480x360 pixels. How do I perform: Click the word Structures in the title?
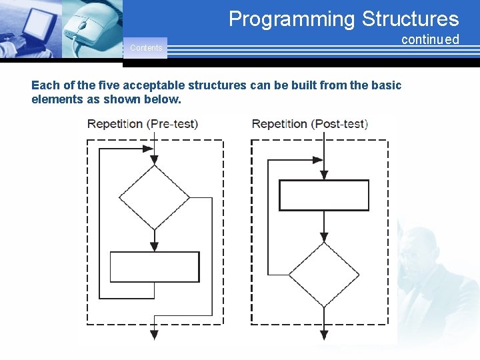click(410, 19)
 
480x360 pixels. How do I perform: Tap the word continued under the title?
click(430, 39)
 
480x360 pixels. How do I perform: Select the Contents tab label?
click(145, 48)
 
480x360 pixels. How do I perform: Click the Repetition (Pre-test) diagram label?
click(143, 124)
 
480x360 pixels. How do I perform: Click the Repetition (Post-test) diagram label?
click(310, 124)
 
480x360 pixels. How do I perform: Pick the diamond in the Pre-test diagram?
click(154, 197)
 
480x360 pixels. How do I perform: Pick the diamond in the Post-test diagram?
click(323, 274)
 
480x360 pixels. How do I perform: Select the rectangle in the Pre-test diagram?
click(154, 267)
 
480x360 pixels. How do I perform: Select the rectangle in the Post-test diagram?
click(323, 195)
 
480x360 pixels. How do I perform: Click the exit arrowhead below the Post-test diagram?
click(323, 335)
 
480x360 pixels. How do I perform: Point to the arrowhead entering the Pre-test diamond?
click(154, 160)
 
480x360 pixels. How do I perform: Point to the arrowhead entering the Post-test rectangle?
click(323, 175)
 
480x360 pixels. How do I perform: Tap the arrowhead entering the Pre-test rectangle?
click(154, 247)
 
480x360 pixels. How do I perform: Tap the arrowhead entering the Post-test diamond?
click(323, 237)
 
